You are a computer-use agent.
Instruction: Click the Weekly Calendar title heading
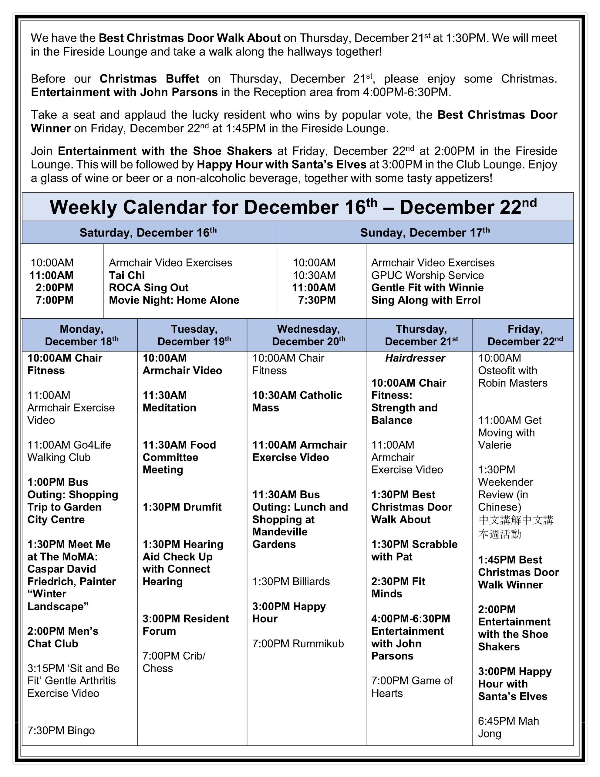pos(293,207)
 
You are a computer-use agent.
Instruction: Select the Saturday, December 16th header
pos(148,233)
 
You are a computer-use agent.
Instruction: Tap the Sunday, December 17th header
pos(425,233)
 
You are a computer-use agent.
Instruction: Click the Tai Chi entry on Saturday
pos(126,275)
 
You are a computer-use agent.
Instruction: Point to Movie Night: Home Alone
pos(174,300)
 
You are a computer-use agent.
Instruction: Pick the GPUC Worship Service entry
pos(427,275)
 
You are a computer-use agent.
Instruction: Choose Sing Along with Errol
pos(426,300)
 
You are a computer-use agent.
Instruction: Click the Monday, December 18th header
pos(82,335)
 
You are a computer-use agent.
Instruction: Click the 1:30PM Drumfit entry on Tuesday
pos(182,507)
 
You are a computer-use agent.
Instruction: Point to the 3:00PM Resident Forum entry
pos(186,625)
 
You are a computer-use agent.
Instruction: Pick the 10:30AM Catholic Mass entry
pos(297,401)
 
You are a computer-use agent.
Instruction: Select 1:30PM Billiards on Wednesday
pos(291,581)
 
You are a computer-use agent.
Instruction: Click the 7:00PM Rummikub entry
pos(298,643)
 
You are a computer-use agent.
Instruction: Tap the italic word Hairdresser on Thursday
pos(415,358)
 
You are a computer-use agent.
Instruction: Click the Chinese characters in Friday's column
pos(515,527)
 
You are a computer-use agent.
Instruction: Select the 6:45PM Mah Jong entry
pos(508,727)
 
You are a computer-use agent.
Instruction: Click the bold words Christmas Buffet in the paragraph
pos(149,79)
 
